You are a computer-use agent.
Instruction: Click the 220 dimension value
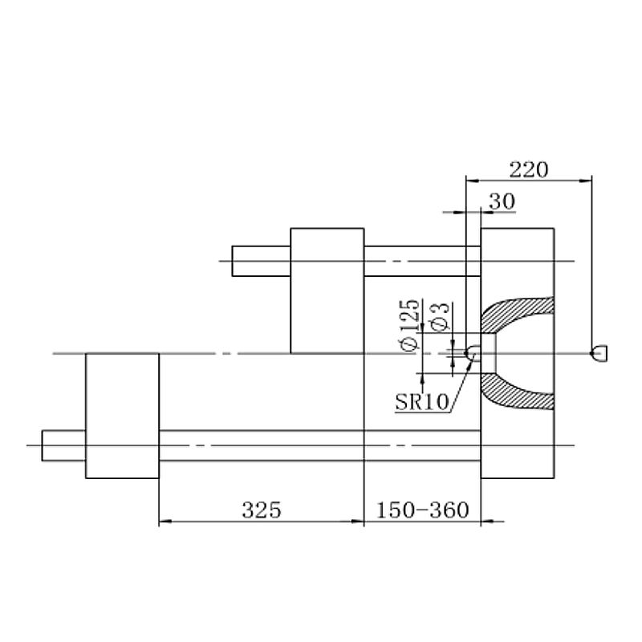(x=529, y=169)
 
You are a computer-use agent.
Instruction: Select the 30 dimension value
(x=502, y=201)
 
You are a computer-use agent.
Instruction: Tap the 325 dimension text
(x=262, y=510)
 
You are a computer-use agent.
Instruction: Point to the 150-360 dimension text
(x=422, y=510)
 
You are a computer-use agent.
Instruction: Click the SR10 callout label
(x=422, y=402)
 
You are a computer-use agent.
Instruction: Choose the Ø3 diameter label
(x=441, y=316)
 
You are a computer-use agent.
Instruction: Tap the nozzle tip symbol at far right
(x=599, y=353)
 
